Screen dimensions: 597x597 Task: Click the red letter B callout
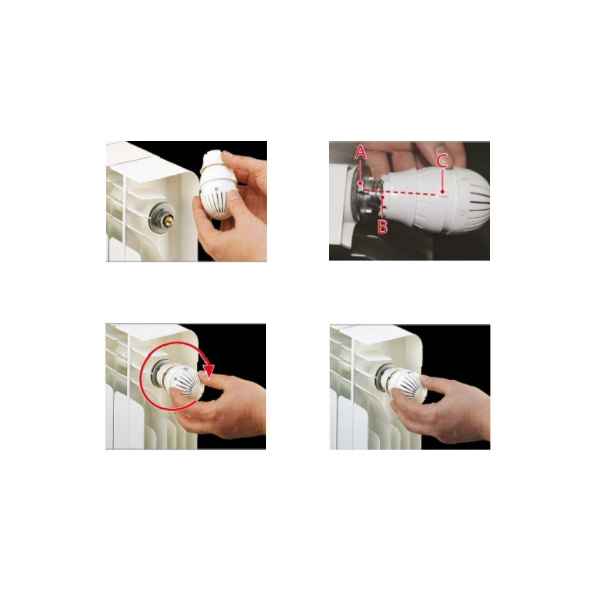click(382, 227)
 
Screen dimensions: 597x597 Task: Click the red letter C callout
click(441, 161)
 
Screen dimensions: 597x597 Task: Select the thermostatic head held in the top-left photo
click(216, 185)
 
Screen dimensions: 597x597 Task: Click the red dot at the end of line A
click(360, 183)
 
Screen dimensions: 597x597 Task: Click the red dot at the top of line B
click(382, 197)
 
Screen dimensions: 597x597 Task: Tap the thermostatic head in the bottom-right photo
click(404, 384)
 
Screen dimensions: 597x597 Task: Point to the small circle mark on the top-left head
click(216, 189)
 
